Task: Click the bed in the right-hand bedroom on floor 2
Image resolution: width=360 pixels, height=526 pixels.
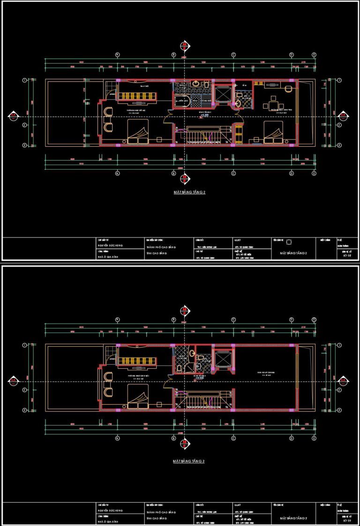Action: [273, 132]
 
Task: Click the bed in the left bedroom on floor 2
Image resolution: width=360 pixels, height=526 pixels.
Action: [137, 132]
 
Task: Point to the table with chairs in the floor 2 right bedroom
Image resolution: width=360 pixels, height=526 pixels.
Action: [274, 103]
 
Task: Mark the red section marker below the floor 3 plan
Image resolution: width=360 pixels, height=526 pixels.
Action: [185, 443]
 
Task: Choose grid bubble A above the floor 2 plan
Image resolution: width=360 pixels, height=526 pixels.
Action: [117, 55]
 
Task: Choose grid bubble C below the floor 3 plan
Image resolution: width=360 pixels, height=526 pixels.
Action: [233, 438]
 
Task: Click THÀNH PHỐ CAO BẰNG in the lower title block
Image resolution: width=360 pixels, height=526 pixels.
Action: [160, 512]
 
